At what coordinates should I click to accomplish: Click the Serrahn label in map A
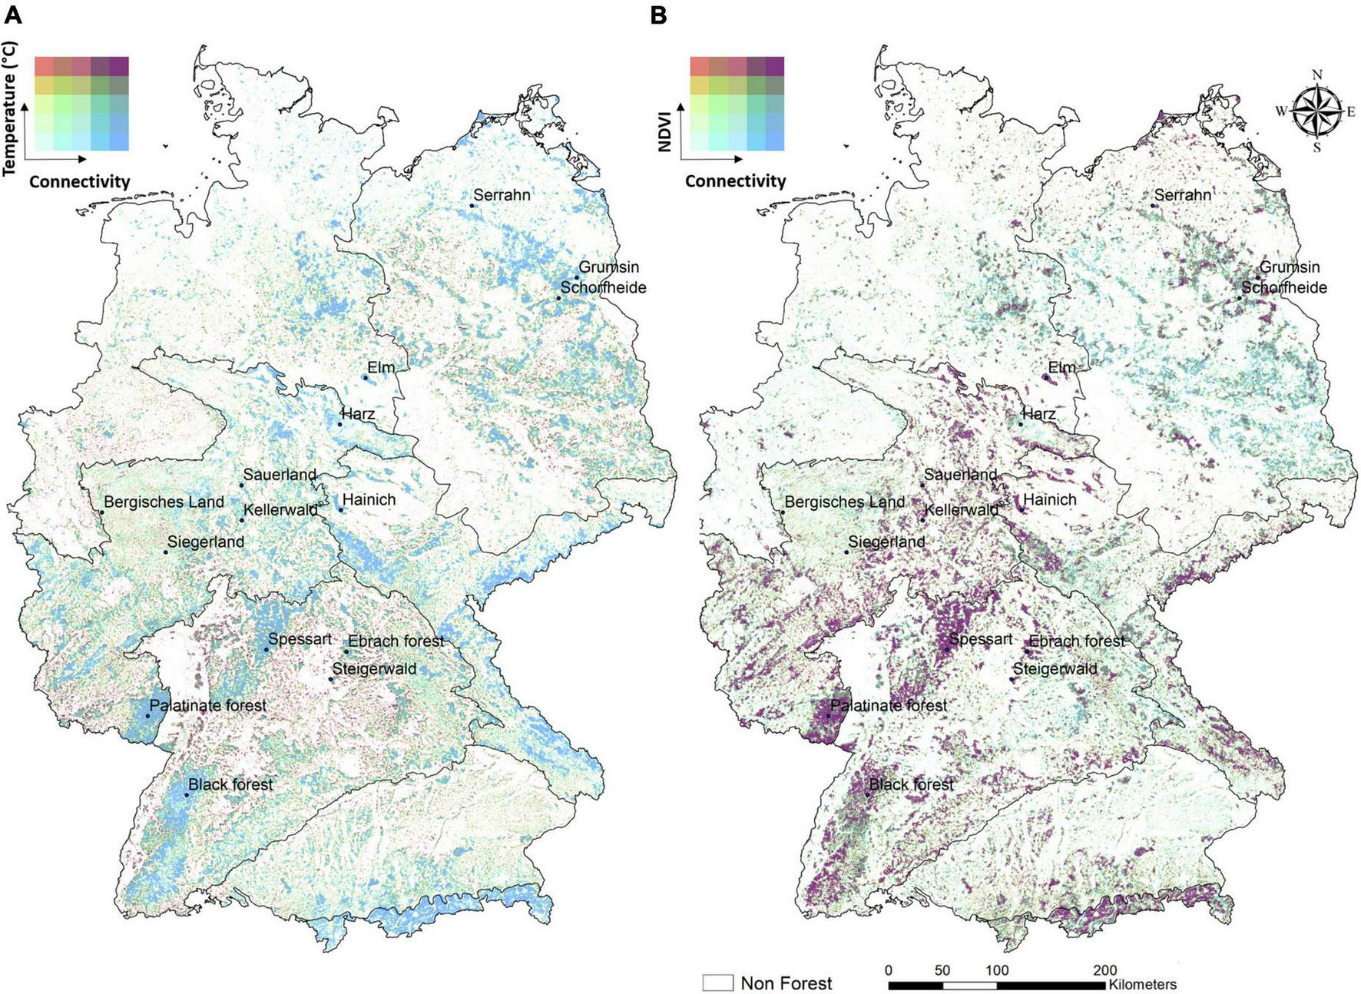click(502, 195)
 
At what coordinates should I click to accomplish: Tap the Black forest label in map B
click(911, 784)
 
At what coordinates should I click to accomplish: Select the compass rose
click(1316, 111)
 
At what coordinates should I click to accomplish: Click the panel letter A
click(12, 15)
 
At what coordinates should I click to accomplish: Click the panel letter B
click(658, 15)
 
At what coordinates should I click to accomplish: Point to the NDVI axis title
click(665, 131)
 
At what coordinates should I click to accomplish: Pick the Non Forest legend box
click(717, 982)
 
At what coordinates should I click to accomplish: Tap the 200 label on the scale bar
click(1104, 970)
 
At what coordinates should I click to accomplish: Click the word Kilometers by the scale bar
click(1142, 984)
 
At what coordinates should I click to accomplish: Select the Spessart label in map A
click(300, 639)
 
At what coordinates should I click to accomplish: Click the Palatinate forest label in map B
click(889, 705)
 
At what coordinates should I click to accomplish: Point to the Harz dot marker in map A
click(339, 424)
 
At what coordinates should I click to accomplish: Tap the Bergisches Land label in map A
click(164, 502)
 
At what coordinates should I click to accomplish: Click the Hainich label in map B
click(1049, 499)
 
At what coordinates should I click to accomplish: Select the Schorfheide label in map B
click(1284, 287)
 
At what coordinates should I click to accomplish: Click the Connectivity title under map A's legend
click(79, 181)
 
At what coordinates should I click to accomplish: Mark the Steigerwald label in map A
click(374, 668)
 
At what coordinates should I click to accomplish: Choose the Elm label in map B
click(1061, 367)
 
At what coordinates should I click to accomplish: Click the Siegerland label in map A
click(206, 542)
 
